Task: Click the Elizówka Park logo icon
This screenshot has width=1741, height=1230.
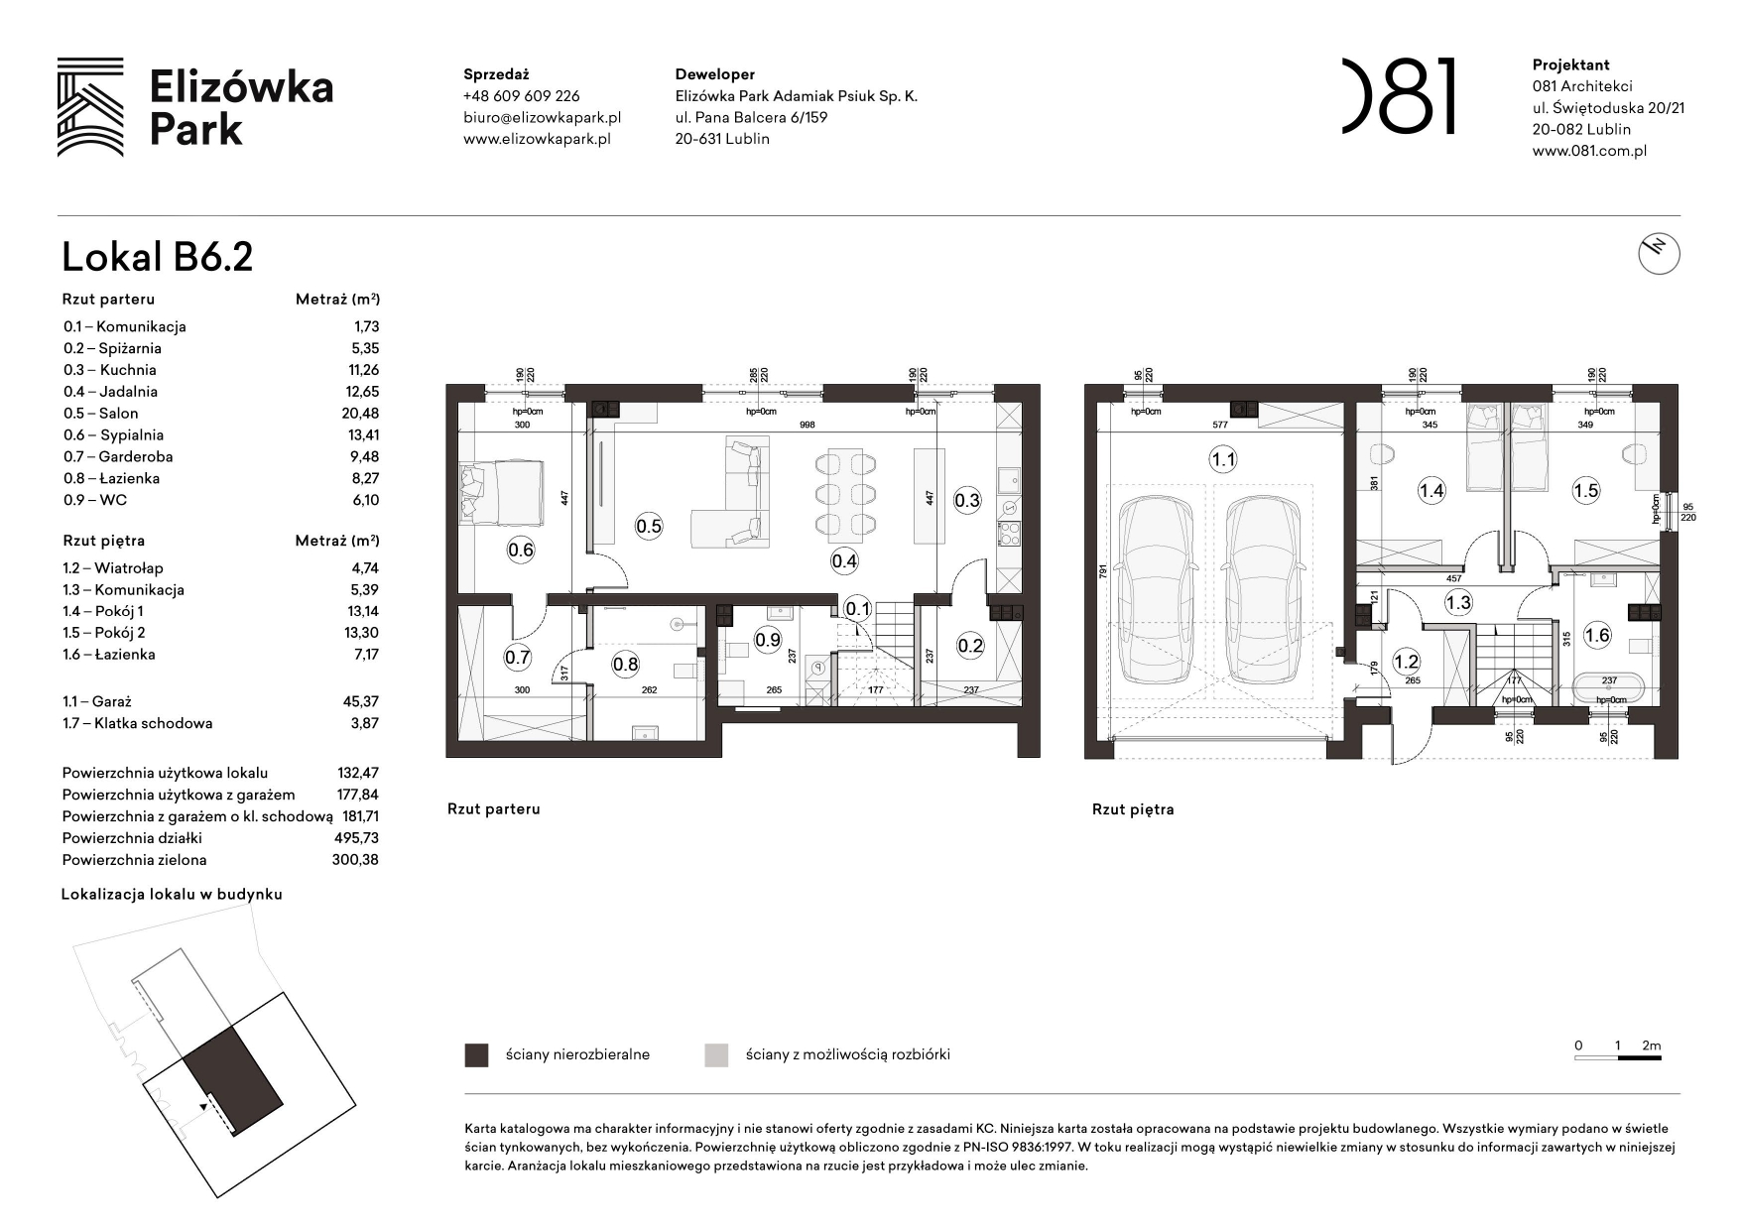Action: tap(90, 107)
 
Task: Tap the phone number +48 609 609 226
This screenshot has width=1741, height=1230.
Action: tap(521, 96)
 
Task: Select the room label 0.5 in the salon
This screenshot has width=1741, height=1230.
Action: tap(648, 526)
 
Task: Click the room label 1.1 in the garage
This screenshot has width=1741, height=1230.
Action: tap(1222, 459)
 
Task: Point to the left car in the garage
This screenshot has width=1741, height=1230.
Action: tap(1154, 590)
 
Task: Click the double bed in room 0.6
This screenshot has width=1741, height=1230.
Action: tap(502, 492)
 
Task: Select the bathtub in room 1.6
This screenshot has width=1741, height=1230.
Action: tap(1609, 687)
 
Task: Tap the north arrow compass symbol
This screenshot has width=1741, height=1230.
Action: tap(1659, 254)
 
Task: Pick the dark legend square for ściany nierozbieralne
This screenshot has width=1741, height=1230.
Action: tap(476, 1054)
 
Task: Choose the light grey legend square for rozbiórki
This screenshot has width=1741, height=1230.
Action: tap(716, 1054)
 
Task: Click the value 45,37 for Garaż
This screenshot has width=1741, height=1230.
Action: tap(360, 701)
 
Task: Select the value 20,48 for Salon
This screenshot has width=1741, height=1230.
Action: tap(360, 414)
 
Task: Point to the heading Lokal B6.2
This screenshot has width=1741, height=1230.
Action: tap(157, 257)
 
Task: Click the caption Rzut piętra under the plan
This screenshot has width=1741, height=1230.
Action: tap(1132, 809)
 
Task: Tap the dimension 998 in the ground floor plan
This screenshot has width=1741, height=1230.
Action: tap(806, 425)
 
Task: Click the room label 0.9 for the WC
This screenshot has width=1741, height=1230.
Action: tap(768, 640)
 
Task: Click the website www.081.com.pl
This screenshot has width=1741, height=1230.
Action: tap(1589, 151)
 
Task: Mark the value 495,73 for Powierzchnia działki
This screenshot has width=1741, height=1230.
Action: tap(356, 838)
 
